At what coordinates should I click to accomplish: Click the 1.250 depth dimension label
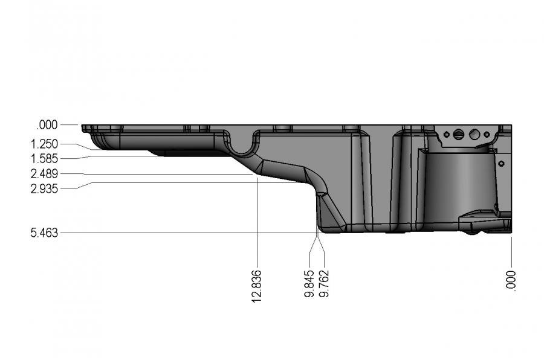(44, 144)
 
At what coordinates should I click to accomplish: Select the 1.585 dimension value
(44, 159)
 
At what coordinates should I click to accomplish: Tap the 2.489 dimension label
(44, 174)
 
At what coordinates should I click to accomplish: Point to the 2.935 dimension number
(44, 189)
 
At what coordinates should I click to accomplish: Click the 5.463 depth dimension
(44, 233)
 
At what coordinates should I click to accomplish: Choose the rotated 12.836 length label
(256, 286)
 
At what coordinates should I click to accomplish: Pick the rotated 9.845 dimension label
(309, 284)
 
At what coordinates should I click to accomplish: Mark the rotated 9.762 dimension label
(324, 284)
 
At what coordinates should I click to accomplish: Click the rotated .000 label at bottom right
(511, 280)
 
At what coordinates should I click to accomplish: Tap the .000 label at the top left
(47, 125)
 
